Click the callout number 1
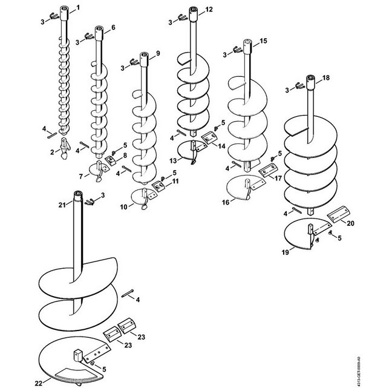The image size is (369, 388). (78, 8)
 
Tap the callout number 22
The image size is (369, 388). (39, 384)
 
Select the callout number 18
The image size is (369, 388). (326, 77)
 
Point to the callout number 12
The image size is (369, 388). (209, 10)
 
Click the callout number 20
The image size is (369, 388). (350, 223)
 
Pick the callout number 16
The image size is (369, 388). (226, 202)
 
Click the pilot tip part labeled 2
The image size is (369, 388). (65, 148)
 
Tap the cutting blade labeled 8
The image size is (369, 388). (111, 160)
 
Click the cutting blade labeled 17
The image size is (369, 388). (269, 170)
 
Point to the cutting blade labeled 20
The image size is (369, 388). (339, 214)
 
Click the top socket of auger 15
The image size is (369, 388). (247, 47)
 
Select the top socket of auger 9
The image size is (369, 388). (144, 59)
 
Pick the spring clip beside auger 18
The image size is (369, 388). (300, 86)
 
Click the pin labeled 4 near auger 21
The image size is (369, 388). (128, 293)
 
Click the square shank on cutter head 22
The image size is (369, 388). (78, 355)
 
